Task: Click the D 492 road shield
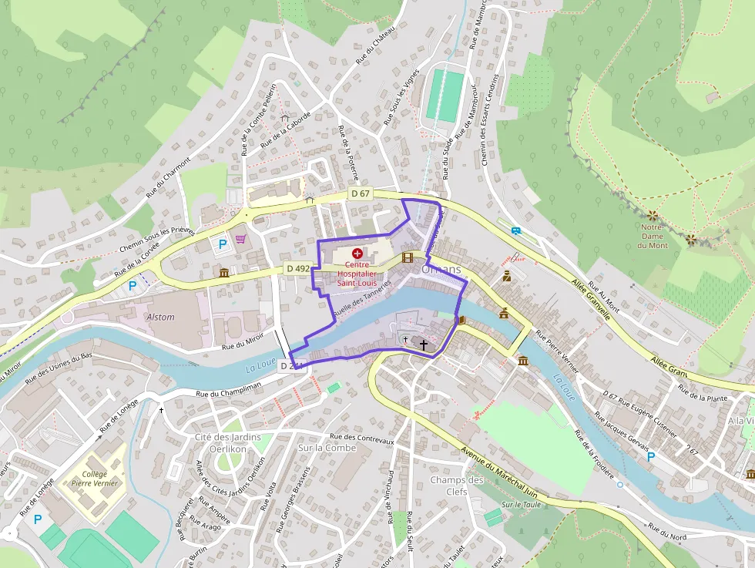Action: tap(297, 269)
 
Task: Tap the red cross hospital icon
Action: tap(357, 253)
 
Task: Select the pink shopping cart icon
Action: tap(241, 238)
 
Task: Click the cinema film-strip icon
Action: tap(408, 257)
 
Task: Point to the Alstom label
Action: tap(160, 317)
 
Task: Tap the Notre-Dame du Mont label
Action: tap(653, 236)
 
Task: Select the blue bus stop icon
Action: tap(515, 230)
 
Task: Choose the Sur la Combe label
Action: tap(327, 448)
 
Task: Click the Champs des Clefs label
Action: tap(457, 486)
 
